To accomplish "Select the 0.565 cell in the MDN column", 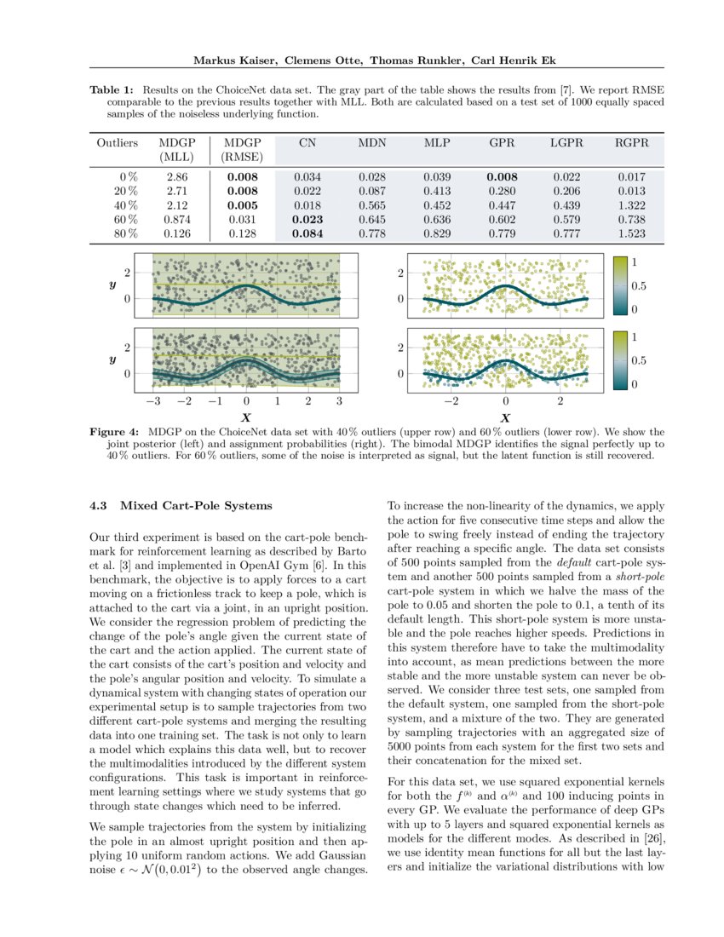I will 371,205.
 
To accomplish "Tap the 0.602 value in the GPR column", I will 501,220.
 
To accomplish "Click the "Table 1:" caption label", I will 112,89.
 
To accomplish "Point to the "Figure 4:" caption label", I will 116,433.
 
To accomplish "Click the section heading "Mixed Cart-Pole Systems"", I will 196,506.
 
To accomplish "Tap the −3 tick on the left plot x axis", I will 153,400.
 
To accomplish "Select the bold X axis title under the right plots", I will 505,418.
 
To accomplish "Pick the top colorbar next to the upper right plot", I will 620,285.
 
